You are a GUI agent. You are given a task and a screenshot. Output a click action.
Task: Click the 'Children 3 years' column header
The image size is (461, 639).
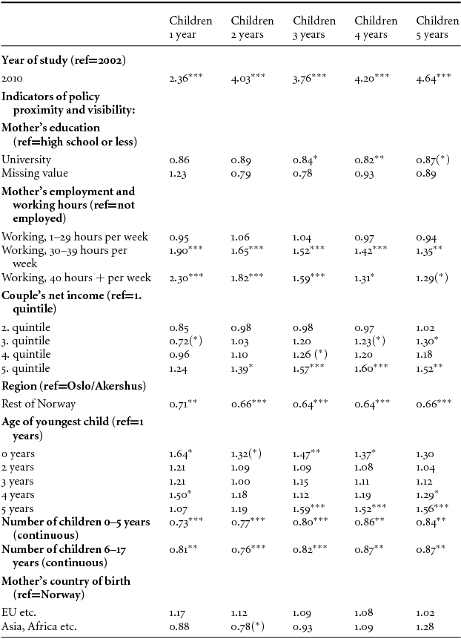coord(314,27)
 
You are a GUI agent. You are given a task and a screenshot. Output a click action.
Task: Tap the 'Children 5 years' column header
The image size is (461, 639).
coord(437,27)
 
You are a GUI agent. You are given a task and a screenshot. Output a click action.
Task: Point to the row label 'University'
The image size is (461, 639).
coord(26,160)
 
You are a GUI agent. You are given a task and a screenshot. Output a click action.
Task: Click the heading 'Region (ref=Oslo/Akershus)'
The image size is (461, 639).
coord(73,387)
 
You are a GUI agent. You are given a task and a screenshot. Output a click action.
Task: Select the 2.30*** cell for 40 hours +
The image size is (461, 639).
coord(187,277)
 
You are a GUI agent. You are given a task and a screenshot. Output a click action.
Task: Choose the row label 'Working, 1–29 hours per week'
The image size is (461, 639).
coord(75,237)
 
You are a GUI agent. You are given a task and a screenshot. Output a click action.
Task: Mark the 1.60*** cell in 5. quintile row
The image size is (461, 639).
coord(372,368)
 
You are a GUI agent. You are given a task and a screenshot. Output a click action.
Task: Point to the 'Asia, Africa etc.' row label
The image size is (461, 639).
coord(41,628)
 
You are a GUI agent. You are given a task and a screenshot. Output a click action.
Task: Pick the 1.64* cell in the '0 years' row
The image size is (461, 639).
coord(182,453)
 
